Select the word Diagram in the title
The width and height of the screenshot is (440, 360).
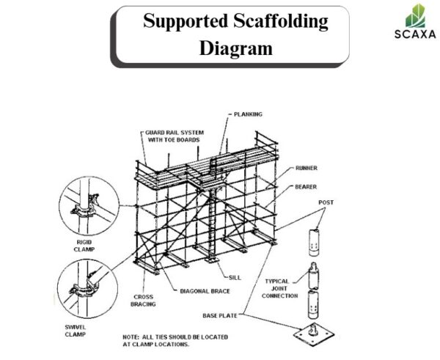235,48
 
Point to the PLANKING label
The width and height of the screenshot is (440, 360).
248,114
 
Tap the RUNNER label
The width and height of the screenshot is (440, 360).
307,168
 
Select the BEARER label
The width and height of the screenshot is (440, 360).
307,187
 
